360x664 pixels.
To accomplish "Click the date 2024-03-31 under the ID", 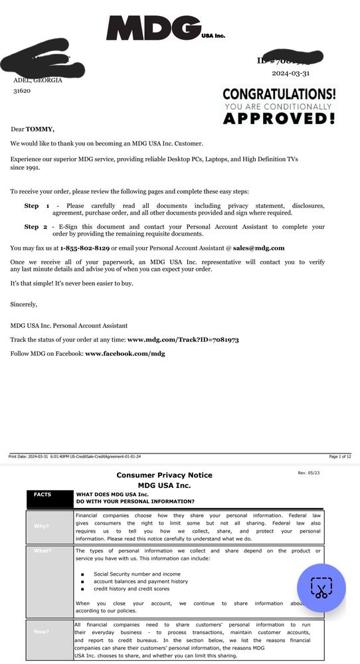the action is point(290,74).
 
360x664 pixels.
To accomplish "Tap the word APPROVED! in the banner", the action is point(278,119).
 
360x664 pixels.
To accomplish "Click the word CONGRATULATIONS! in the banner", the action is point(279,95).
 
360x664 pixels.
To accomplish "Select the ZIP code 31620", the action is point(22,91).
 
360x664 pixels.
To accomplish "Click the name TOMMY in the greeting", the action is point(40,129).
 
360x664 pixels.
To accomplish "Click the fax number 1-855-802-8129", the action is point(84,248).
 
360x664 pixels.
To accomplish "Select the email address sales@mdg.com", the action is point(258,248).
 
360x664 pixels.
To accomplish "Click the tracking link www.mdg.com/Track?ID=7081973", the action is point(183,339).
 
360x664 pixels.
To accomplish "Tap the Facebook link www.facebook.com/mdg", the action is point(125,353).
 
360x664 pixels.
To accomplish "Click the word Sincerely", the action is point(24,304).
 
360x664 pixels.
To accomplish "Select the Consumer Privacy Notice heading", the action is point(165,475).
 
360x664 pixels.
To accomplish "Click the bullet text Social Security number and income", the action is point(137,574).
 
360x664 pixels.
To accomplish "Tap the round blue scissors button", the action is point(321,588).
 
